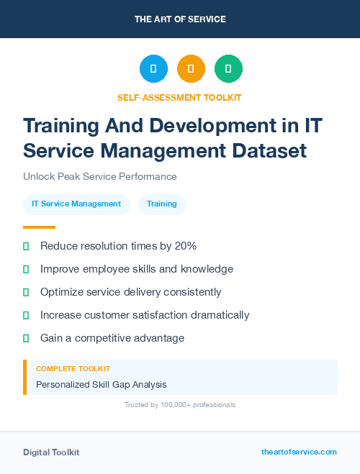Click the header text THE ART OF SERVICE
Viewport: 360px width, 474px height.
click(180, 19)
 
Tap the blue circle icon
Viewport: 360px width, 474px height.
click(153, 69)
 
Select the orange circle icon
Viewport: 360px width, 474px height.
click(191, 69)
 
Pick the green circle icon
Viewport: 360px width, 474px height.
click(228, 69)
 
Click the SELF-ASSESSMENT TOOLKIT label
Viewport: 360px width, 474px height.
click(179, 97)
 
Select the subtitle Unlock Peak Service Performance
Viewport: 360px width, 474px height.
click(100, 176)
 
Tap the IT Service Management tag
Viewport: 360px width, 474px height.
click(76, 204)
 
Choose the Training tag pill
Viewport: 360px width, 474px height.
click(162, 204)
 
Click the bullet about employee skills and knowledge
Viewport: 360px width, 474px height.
click(137, 269)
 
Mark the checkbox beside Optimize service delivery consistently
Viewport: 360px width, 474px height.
click(26, 292)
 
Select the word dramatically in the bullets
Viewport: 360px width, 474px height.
click(214, 315)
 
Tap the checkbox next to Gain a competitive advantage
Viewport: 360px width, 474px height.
click(26, 338)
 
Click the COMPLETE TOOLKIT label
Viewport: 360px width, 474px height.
click(73, 368)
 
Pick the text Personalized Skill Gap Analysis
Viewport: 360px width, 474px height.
click(102, 385)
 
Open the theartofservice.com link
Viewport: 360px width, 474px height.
click(299, 452)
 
